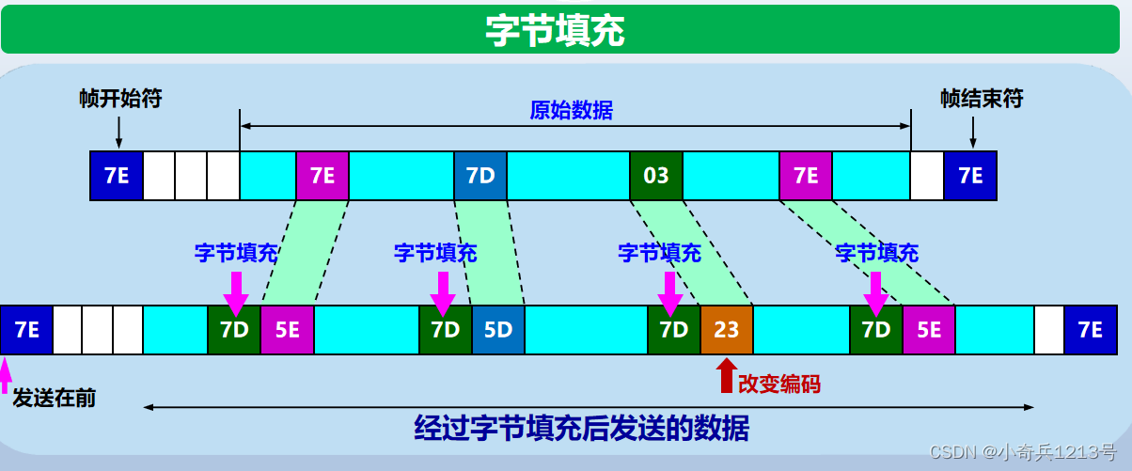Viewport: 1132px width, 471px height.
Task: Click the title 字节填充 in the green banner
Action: (555, 30)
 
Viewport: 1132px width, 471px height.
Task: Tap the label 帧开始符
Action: (119, 99)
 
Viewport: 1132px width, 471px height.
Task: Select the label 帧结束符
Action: (982, 99)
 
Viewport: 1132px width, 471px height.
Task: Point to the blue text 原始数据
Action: (571, 110)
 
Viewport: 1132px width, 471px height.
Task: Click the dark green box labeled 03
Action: (656, 175)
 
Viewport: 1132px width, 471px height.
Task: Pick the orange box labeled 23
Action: (727, 330)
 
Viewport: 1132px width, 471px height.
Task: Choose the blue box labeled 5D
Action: (498, 330)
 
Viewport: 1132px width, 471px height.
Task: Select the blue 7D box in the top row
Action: (480, 175)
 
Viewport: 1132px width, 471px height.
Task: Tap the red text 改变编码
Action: (778, 383)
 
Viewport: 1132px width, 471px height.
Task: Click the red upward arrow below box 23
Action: (725, 376)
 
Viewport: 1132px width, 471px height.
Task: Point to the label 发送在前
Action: (54, 398)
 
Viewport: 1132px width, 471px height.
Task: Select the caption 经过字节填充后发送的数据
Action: (582, 429)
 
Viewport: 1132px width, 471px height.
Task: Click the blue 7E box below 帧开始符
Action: (117, 175)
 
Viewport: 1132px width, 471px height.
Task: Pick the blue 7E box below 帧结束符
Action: (970, 175)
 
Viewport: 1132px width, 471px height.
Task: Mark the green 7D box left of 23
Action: (673, 330)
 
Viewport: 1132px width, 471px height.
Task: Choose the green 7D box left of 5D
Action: (445, 330)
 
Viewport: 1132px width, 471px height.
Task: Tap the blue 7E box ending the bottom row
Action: (1090, 330)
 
